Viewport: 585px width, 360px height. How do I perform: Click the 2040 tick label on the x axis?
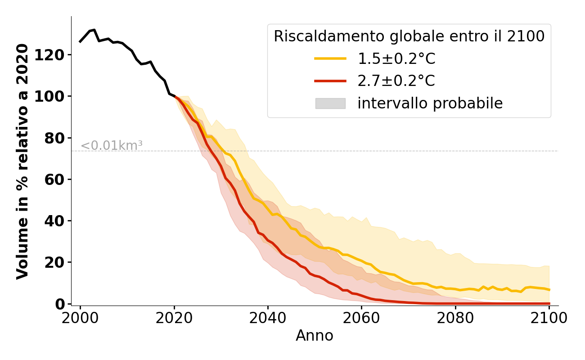point(268,318)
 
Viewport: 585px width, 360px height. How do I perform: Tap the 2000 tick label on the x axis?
point(80,318)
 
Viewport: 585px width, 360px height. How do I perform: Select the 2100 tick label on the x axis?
point(549,318)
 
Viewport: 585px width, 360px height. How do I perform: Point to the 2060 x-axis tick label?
point(361,318)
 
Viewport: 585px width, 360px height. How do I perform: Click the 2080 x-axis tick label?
point(455,318)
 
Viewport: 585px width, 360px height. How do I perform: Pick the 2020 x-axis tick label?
point(174,318)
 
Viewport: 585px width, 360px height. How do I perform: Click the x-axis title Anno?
point(315,336)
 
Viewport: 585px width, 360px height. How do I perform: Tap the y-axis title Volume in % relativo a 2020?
point(22,161)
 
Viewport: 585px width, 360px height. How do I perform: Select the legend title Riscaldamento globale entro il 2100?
point(409,36)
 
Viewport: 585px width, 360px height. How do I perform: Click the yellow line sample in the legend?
point(330,58)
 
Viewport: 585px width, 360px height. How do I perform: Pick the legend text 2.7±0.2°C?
point(396,81)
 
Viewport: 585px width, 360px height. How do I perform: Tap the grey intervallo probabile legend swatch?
point(330,103)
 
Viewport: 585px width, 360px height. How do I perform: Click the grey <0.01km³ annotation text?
point(112,146)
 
